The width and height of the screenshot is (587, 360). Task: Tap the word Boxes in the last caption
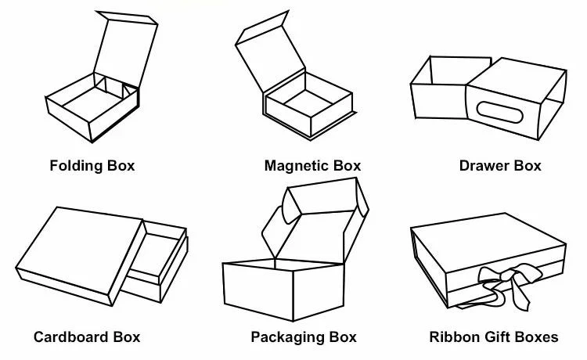(x=538, y=337)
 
